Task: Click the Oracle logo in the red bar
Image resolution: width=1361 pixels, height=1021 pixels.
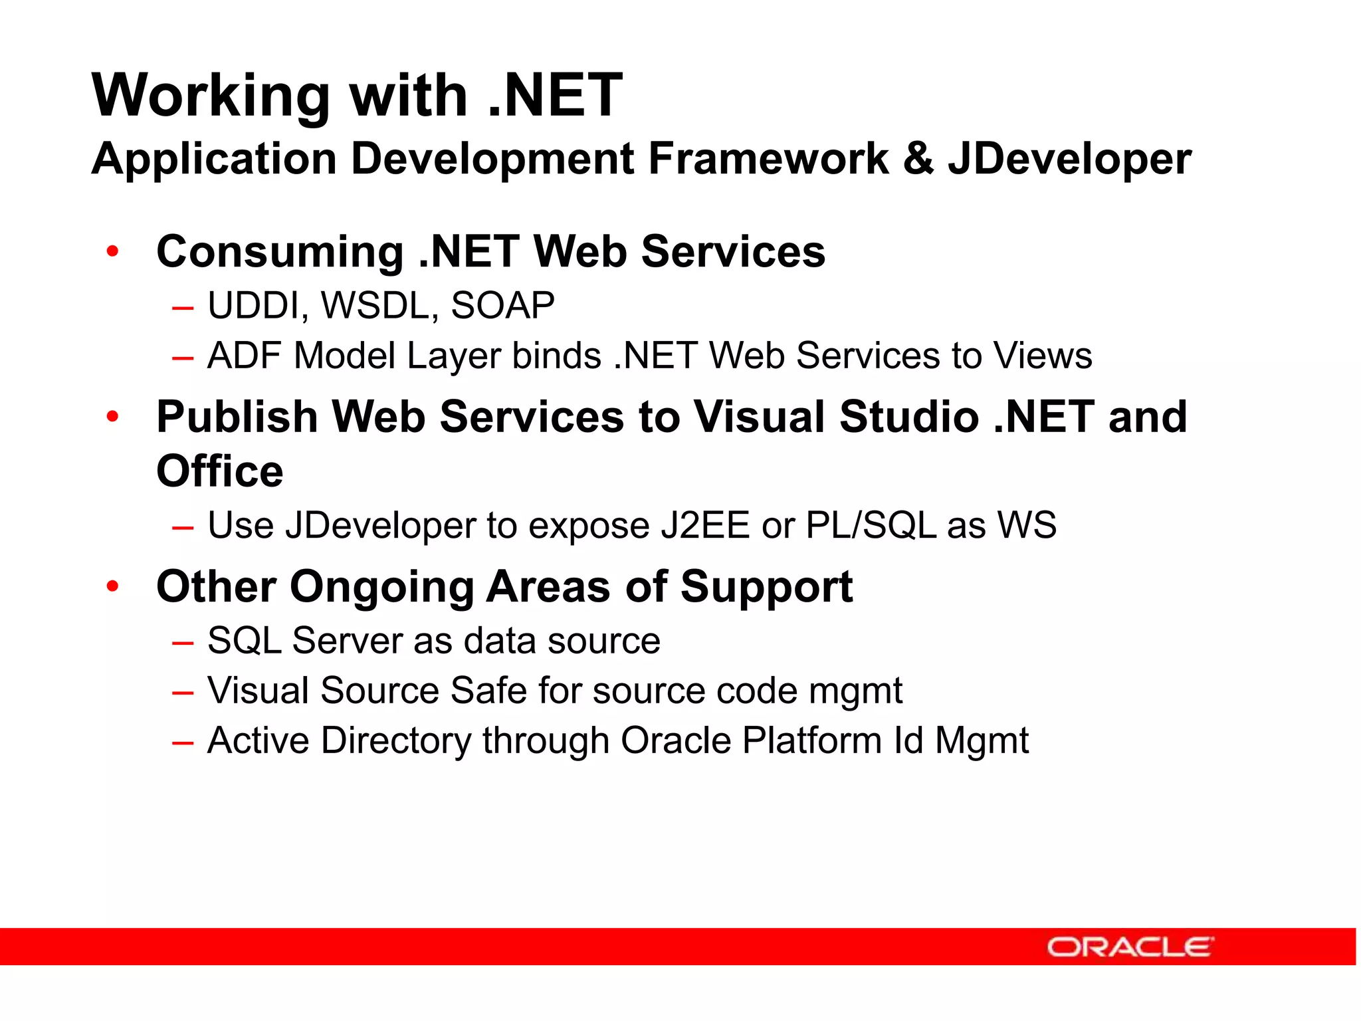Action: point(1130,947)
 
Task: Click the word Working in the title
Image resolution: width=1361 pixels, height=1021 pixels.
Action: point(211,96)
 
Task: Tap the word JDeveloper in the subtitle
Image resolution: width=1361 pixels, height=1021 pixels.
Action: point(1069,160)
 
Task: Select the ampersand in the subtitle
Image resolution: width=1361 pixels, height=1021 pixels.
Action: point(918,160)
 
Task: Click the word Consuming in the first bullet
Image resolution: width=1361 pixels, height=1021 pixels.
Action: point(280,253)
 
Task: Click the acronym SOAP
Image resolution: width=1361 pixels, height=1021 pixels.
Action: point(502,306)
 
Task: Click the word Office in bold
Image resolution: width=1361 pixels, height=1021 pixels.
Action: point(219,471)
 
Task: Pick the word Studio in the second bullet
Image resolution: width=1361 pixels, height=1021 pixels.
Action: point(909,417)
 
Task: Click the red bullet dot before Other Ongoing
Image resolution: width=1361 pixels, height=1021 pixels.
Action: point(113,586)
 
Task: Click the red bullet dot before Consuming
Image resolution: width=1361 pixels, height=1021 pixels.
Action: point(113,251)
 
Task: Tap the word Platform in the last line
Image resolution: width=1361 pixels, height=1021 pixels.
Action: point(812,740)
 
